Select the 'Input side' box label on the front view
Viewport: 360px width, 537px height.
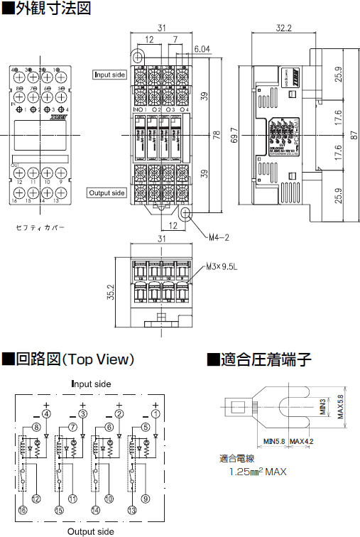[110, 74]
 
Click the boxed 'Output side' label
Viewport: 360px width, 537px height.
[107, 192]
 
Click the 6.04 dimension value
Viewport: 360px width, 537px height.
[202, 49]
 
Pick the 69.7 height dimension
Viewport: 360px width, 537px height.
[235, 133]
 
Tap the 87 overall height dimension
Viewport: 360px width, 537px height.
[354, 133]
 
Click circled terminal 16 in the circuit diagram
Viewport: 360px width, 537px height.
[22, 511]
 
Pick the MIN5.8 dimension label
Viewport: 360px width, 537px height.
[273, 441]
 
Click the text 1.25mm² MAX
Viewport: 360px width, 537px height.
[258, 472]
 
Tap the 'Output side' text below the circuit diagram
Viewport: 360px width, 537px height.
[90, 531]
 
